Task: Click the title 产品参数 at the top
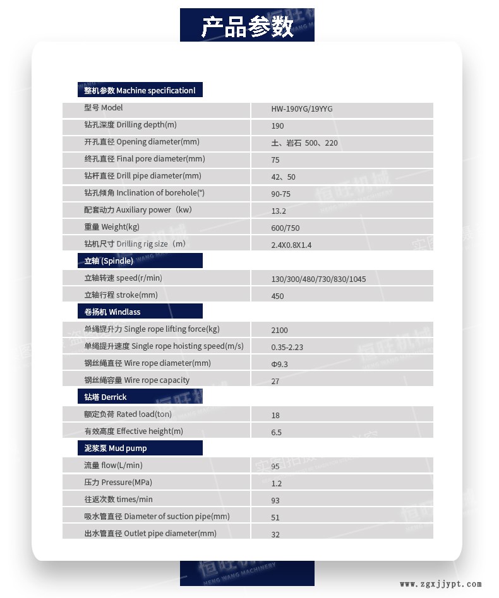(247, 27)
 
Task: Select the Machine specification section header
(140, 90)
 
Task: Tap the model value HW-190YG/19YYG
(302, 108)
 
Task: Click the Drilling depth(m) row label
(131, 125)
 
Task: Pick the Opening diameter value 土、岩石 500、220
(304, 143)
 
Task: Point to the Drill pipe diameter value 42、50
(283, 177)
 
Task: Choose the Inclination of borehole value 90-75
(280, 194)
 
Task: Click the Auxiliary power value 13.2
(279, 211)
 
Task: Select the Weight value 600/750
(286, 228)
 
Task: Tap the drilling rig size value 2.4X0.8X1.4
(291, 245)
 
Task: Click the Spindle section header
(109, 261)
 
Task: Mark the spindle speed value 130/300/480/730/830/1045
(318, 279)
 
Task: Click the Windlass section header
(112, 312)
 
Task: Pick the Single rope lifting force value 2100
(279, 330)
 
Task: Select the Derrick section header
(105, 397)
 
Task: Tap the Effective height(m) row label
(134, 431)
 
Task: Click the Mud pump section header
(116, 448)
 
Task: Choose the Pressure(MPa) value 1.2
(276, 483)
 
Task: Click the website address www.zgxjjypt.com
(440, 584)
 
